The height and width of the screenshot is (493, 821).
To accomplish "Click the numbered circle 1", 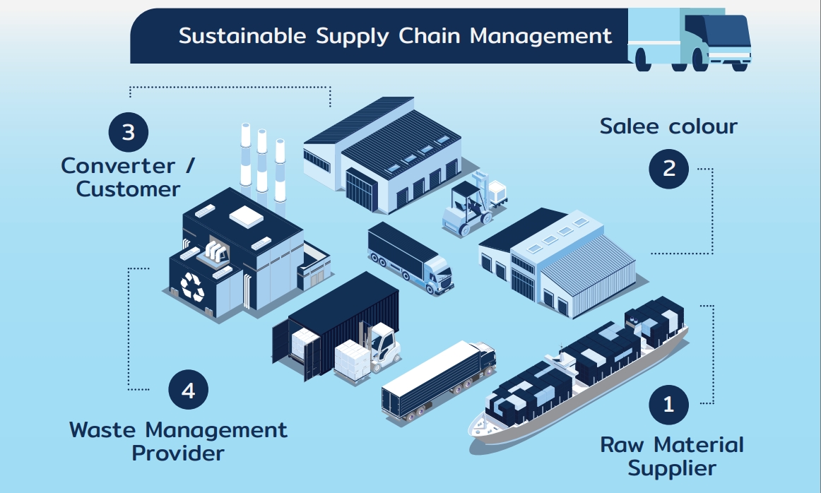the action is click(x=668, y=405).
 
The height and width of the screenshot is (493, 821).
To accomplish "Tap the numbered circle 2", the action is click(x=668, y=169).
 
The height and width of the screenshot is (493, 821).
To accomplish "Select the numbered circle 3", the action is click(x=129, y=132).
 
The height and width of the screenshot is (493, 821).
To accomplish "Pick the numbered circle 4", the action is click(x=189, y=390).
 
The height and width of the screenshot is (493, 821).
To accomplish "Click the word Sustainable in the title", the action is click(x=242, y=35).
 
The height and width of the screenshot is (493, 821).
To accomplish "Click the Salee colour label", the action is click(x=668, y=126).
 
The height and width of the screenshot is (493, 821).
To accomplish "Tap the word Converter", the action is click(x=118, y=166).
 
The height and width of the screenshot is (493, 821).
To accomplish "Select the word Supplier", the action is click(x=673, y=468).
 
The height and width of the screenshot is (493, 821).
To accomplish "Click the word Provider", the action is click(x=178, y=453).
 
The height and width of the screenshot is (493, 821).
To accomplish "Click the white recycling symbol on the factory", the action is click(x=192, y=287).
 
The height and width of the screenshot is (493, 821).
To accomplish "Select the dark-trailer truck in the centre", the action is click(x=410, y=258).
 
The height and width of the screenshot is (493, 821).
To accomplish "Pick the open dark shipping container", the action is click(x=336, y=324).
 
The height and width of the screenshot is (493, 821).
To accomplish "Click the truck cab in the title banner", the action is click(x=717, y=41).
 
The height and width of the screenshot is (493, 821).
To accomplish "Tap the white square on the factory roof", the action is click(x=246, y=216).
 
